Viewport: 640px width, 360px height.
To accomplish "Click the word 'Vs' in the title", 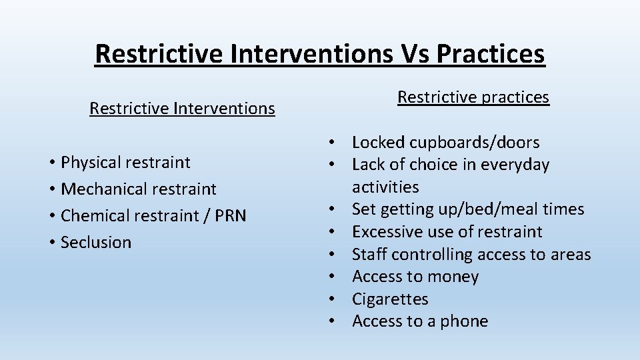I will [413, 53].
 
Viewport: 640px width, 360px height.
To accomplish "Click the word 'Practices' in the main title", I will [490, 53].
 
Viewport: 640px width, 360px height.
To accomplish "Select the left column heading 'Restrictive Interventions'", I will [182, 108].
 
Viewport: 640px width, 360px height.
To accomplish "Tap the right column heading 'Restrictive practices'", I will [473, 97].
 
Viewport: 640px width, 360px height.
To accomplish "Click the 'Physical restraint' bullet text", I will [125, 162].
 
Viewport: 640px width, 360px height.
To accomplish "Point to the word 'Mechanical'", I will [101, 189].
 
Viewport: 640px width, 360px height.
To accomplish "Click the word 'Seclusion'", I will [96, 243].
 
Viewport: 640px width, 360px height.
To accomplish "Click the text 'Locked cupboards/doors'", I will [445, 142].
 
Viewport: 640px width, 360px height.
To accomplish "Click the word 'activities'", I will [385, 187].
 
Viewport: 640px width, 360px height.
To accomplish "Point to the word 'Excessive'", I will [386, 232].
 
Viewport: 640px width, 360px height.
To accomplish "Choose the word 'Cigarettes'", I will [390, 299].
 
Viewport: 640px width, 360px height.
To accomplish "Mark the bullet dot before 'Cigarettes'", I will [331, 299].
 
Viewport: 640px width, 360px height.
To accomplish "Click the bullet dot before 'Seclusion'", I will [51, 243].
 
